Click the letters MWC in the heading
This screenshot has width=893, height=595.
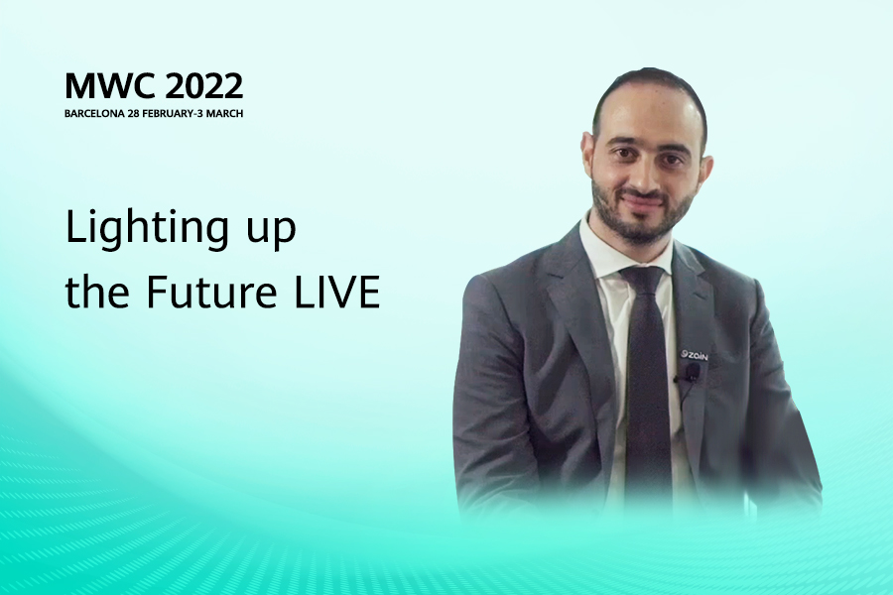click(x=110, y=86)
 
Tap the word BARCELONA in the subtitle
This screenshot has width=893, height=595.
click(x=94, y=113)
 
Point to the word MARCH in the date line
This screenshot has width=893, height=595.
click(x=224, y=113)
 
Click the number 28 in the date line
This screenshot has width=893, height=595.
click(x=133, y=113)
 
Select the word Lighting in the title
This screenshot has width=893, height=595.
click(x=147, y=228)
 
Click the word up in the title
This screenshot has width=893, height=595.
click(x=271, y=232)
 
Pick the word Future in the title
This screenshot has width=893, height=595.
click(x=211, y=292)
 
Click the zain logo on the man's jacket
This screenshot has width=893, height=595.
click(x=695, y=356)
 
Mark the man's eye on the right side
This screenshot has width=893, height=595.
click(x=672, y=159)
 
